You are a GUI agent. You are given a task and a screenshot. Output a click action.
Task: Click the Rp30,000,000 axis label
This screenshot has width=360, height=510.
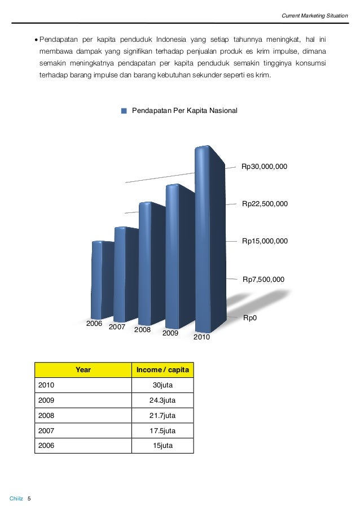[x=265, y=167]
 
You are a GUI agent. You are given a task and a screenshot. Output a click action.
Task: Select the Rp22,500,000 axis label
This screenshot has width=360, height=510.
[x=265, y=203]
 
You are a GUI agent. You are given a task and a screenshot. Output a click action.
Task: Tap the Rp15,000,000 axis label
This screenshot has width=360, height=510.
[x=265, y=241]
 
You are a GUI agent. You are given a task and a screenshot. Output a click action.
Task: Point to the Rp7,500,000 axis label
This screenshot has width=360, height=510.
[x=264, y=279]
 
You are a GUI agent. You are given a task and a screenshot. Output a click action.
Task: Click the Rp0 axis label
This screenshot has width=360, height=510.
[x=249, y=319]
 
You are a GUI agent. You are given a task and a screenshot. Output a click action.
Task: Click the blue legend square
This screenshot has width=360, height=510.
[x=124, y=111]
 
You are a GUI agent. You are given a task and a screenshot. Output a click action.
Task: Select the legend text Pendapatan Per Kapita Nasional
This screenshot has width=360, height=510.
[x=185, y=111]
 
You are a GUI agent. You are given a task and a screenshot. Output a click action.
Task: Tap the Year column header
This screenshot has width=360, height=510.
[x=83, y=370]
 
